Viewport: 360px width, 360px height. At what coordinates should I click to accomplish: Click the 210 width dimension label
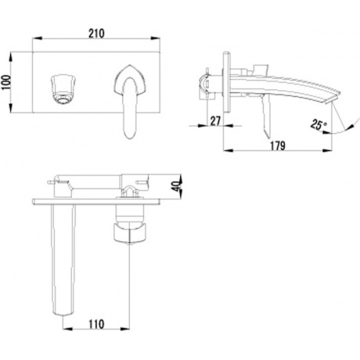pos(96,34)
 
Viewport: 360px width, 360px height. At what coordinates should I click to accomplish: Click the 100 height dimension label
pos(5,82)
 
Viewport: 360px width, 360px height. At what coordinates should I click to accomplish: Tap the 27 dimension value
pos(215,121)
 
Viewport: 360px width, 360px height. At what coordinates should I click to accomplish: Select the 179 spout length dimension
pos(277,146)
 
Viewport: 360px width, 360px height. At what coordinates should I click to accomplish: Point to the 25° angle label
pos(319,124)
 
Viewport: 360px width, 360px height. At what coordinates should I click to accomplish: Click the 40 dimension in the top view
pos(177,185)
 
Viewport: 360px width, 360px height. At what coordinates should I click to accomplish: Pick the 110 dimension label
pos(96,324)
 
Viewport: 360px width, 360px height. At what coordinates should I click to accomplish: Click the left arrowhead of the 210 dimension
pos(37,38)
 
